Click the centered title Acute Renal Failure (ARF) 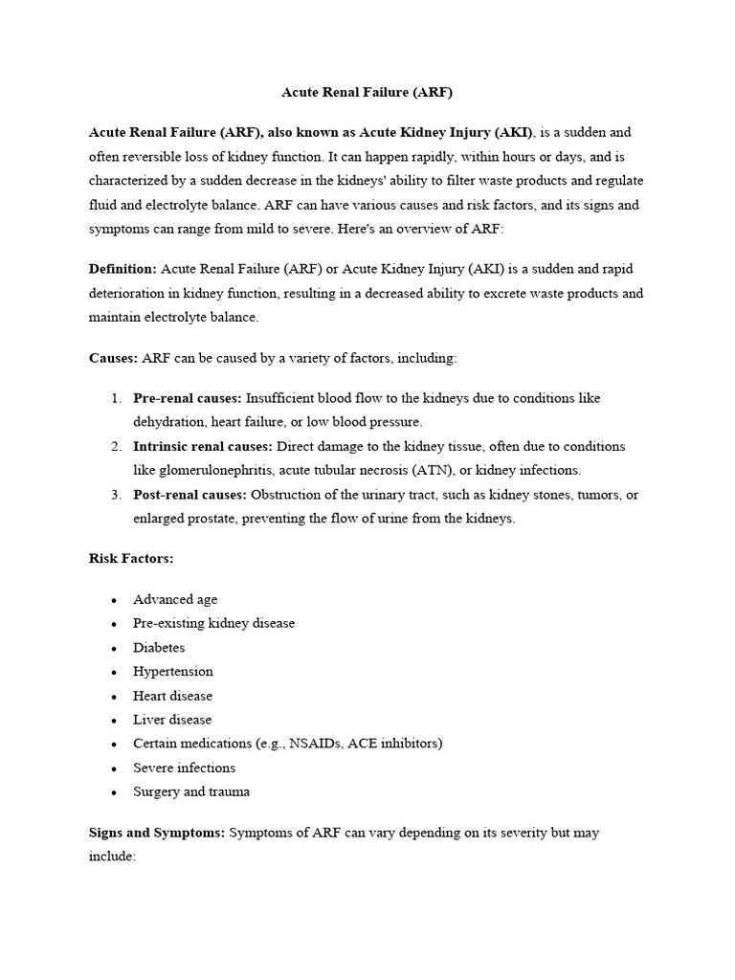[x=367, y=94]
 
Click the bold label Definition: [x=122, y=269]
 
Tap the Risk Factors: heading [x=131, y=558]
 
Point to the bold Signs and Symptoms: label [x=156, y=833]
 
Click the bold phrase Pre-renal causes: [x=189, y=398]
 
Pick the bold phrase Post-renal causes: [x=190, y=495]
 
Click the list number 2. [x=115, y=447]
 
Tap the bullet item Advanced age [x=175, y=599]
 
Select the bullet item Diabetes [x=159, y=648]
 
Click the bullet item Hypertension [x=173, y=672]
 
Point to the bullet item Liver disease [x=172, y=720]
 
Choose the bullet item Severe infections [x=184, y=768]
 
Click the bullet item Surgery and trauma [x=191, y=791]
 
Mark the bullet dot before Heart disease [x=115, y=697]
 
